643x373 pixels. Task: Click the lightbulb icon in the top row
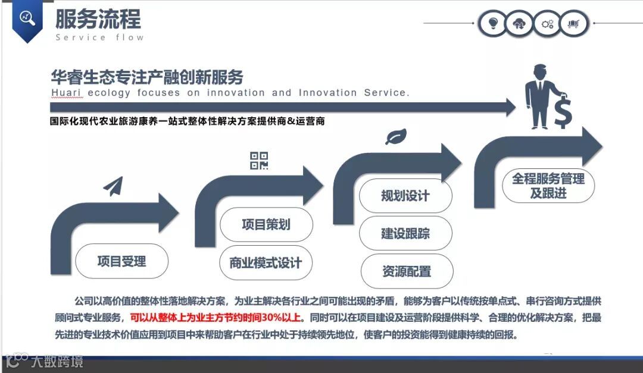coord(492,24)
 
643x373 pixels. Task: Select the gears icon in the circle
coord(547,24)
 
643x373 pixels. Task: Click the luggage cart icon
coord(574,24)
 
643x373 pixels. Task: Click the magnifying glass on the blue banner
coord(27,18)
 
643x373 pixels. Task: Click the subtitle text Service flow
coord(99,37)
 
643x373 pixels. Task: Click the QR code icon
coord(259,160)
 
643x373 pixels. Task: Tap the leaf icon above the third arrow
coord(395,137)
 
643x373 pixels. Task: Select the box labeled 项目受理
coord(121,261)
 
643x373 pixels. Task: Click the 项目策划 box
coord(266,224)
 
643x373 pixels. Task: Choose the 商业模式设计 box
coord(266,263)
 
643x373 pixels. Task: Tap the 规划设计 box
coord(405,196)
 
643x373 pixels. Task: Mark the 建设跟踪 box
coord(405,233)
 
